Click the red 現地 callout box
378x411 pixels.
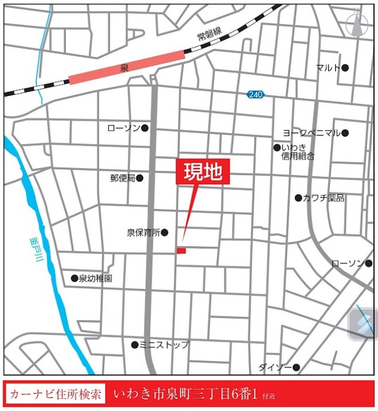point(202,172)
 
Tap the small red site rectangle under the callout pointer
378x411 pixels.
point(181,251)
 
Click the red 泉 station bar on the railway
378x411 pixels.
point(127,68)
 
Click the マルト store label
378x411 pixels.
point(328,68)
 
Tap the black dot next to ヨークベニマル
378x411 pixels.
point(345,133)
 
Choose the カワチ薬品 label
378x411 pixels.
point(324,198)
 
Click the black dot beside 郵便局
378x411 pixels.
point(140,178)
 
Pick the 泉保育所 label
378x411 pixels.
point(143,232)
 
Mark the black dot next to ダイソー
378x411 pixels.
point(297,367)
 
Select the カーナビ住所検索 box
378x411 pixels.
point(56,395)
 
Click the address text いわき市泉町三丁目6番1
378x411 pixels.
point(186,395)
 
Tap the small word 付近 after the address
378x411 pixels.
point(269,396)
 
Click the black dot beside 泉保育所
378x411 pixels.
point(164,232)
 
